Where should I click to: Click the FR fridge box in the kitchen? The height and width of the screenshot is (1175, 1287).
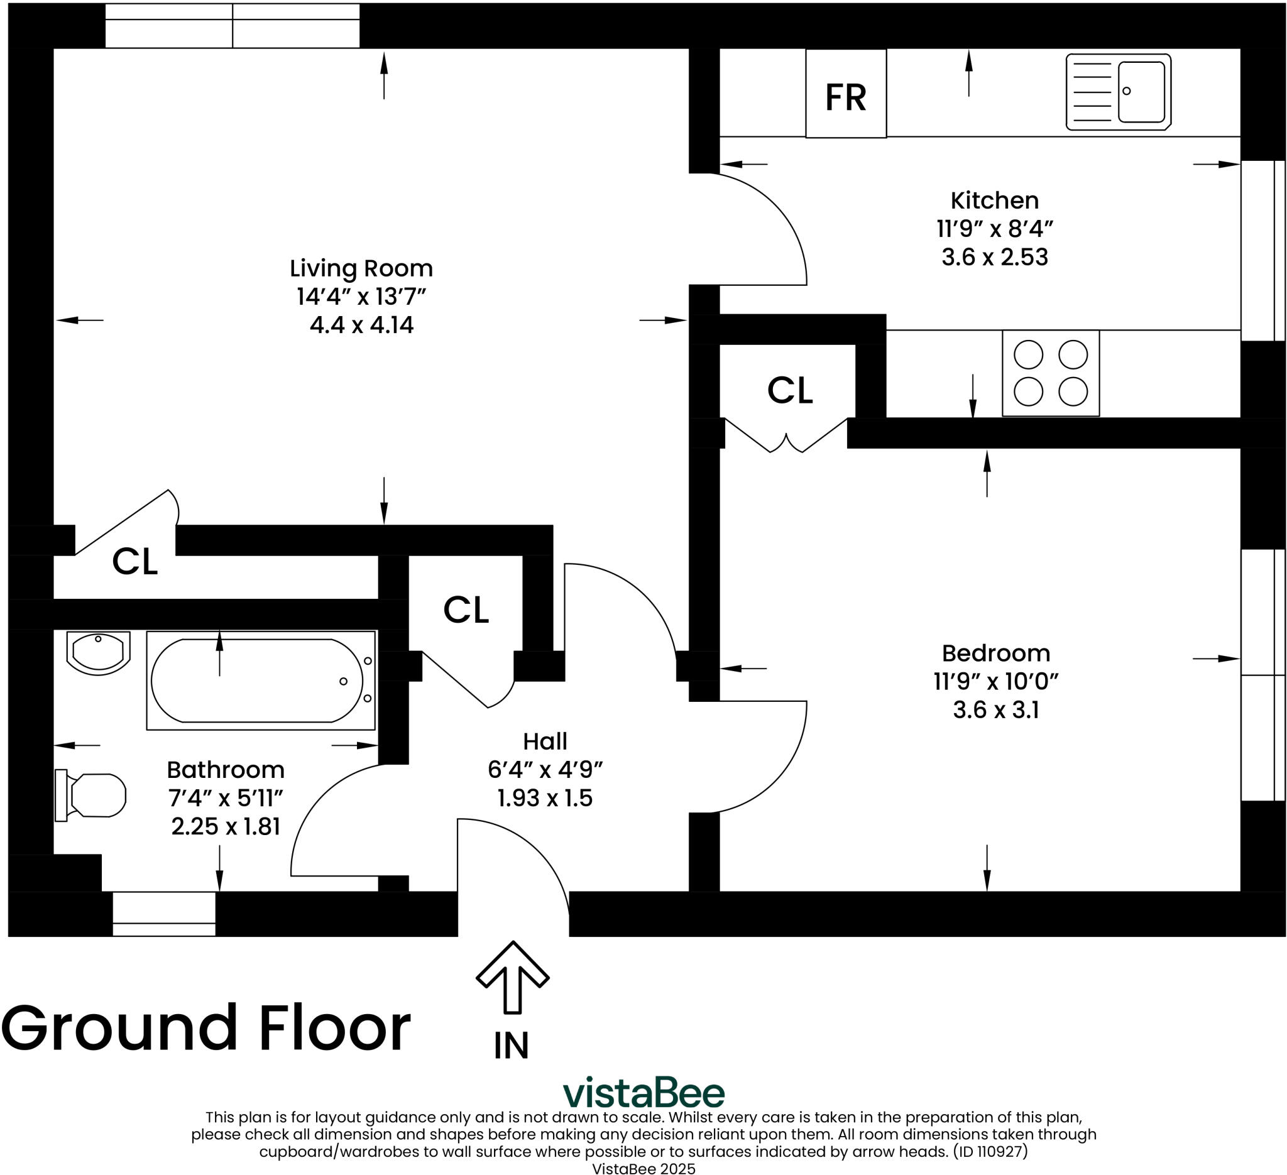(846, 93)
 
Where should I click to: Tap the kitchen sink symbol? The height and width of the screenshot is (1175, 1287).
(1119, 92)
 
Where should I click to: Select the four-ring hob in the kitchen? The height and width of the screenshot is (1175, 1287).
(1051, 373)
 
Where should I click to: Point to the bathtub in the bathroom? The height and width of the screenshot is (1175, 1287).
(261, 680)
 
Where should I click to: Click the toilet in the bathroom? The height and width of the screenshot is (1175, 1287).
(90, 795)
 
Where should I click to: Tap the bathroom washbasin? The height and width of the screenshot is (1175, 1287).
(98, 653)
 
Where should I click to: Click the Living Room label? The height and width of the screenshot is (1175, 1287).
(361, 268)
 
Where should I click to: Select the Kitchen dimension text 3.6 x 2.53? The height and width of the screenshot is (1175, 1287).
(995, 257)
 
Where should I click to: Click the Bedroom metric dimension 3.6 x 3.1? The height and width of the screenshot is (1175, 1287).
(996, 711)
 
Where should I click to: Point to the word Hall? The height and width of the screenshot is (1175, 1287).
(545, 741)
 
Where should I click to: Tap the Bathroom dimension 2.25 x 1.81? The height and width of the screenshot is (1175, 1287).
(226, 826)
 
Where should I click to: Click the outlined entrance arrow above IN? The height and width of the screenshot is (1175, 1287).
(513, 977)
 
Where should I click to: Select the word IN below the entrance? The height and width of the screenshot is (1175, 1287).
(512, 1046)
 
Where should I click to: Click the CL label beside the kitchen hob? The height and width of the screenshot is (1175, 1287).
(790, 390)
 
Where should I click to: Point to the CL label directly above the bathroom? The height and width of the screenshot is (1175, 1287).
(134, 562)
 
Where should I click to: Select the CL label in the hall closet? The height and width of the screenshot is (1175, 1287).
(466, 609)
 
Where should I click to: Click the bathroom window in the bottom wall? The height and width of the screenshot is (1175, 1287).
(164, 914)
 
